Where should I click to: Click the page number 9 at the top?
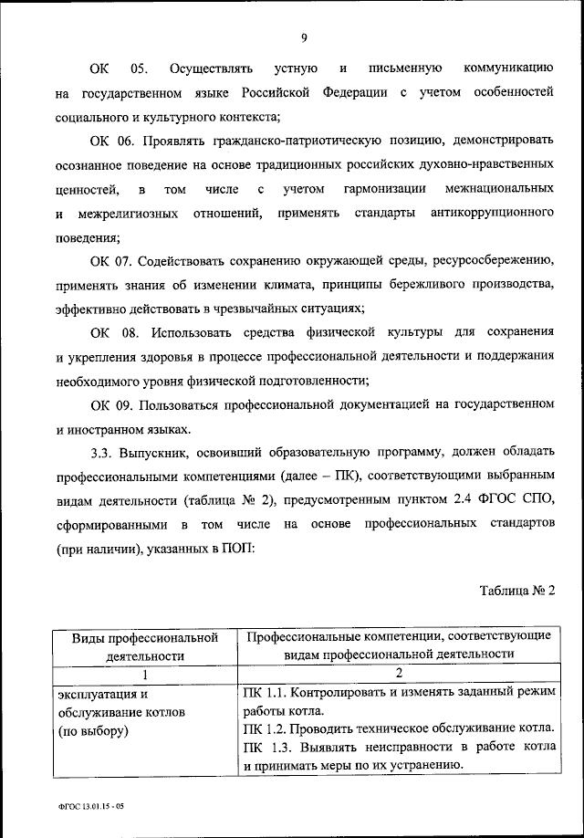(x=303, y=37)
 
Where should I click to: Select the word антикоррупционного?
(x=491, y=212)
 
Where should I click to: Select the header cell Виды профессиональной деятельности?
(x=144, y=644)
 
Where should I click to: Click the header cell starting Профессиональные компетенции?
(x=398, y=644)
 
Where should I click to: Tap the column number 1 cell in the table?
(x=144, y=674)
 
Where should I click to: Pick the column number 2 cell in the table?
(x=398, y=674)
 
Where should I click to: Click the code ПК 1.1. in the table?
(x=263, y=693)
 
